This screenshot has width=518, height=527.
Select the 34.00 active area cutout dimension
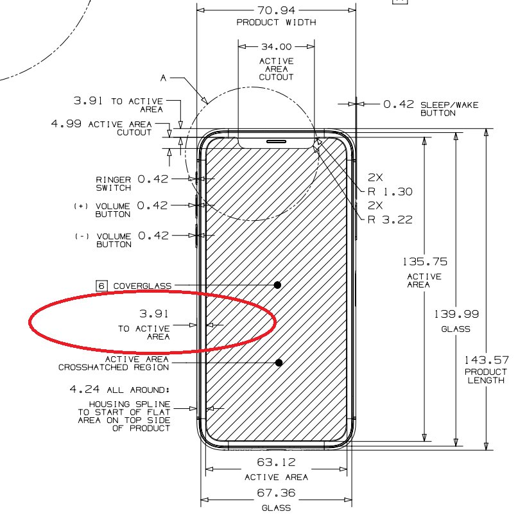click(276, 47)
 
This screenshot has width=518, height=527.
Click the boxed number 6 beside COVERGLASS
click(101, 286)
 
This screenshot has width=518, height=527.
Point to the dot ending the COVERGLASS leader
click(278, 284)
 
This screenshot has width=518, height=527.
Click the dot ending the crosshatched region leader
click(279, 363)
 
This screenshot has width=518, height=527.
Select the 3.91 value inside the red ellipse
click(154, 314)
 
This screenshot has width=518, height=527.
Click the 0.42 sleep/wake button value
click(398, 104)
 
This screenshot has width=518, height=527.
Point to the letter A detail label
click(164, 78)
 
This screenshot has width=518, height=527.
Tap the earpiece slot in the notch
click(276, 141)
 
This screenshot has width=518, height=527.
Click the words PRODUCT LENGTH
click(486, 376)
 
